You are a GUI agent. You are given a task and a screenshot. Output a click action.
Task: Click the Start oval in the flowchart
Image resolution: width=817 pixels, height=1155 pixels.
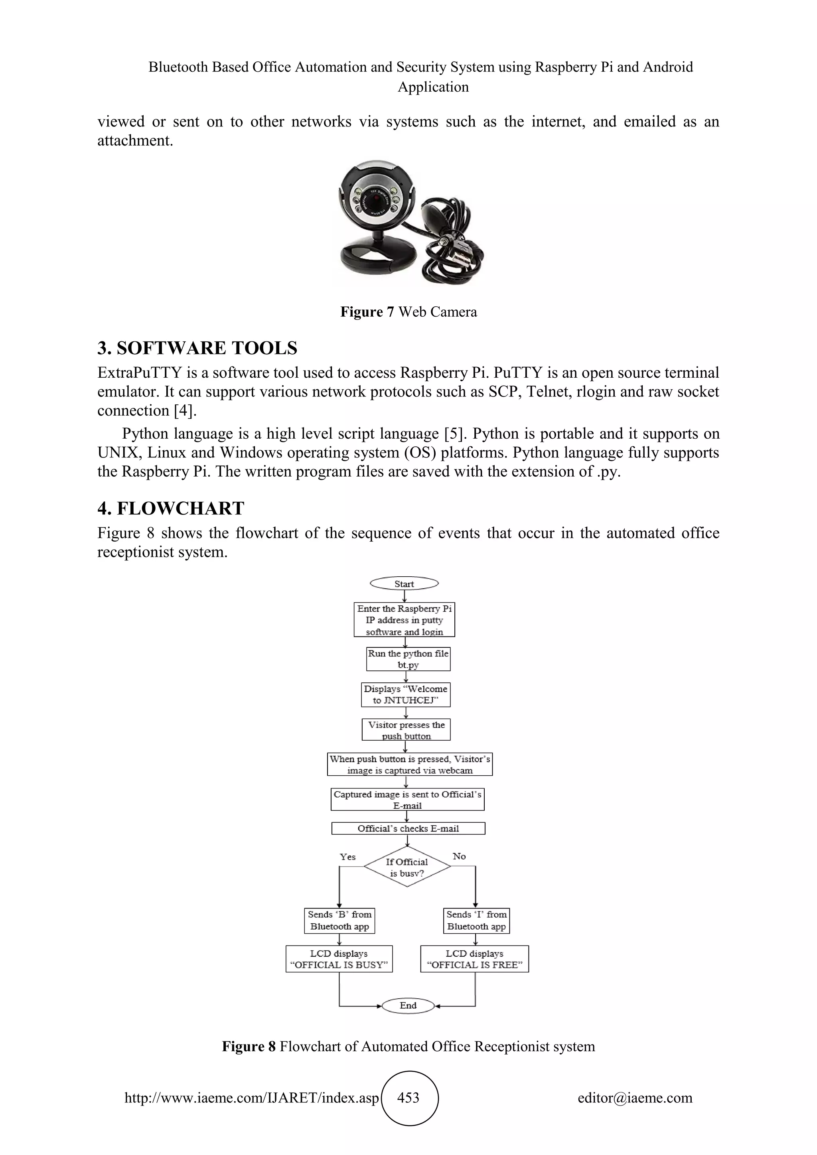[404, 583]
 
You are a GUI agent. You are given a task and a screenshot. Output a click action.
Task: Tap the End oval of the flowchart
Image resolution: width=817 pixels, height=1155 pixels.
[408, 1005]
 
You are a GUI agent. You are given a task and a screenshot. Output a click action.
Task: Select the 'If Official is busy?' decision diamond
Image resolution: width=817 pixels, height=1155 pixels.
[407, 867]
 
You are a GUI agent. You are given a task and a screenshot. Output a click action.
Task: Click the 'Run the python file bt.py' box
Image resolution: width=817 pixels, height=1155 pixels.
[408, 659]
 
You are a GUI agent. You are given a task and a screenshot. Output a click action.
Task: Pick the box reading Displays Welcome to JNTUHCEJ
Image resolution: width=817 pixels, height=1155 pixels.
[405, 695]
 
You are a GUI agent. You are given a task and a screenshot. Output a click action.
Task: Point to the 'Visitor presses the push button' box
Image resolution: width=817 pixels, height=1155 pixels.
[406, 730]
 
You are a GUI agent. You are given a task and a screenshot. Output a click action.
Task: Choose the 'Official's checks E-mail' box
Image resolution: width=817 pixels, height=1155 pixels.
[408, 828]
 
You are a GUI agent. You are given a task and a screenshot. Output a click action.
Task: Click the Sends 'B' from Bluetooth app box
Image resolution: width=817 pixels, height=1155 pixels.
[339, 920]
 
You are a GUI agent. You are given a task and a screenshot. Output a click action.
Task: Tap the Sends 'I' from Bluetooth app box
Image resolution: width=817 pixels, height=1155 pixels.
[476, 920]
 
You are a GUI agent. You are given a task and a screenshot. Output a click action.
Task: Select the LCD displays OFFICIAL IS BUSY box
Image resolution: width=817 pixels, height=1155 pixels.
[339, 959]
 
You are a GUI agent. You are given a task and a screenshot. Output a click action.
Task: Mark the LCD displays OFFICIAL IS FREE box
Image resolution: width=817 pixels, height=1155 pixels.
[474, 959]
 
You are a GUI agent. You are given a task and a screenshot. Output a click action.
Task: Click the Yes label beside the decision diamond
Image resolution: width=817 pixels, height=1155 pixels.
[347, 857]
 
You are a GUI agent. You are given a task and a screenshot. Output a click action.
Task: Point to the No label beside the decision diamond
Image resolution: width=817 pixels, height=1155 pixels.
[459, 856]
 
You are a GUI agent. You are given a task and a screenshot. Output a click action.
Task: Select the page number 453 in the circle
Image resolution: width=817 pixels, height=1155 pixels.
[408, 1098]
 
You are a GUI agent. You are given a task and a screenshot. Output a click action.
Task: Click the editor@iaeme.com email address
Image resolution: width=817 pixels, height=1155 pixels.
[635, 1098]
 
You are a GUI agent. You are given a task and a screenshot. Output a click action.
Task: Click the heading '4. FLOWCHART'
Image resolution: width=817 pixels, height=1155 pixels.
[171, 509]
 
